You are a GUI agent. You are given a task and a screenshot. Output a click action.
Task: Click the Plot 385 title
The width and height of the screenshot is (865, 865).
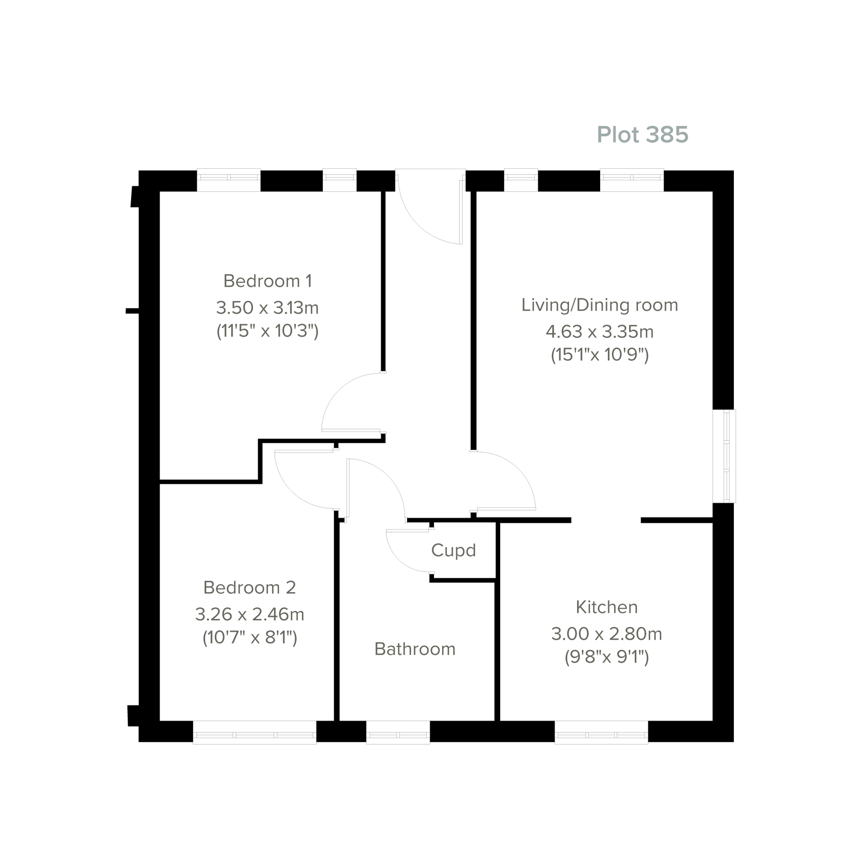[642, 135]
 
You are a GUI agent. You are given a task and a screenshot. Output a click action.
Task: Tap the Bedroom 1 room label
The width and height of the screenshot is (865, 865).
[268, 281]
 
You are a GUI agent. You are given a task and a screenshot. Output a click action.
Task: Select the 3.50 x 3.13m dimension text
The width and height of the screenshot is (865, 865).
[267, 308]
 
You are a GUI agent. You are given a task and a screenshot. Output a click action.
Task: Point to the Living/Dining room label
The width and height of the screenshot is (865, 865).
[599, 305]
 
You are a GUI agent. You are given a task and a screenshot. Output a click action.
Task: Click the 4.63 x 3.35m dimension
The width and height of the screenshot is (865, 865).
[599, 332]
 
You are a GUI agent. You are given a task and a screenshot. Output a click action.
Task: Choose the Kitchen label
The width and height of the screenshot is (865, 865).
[606, 607]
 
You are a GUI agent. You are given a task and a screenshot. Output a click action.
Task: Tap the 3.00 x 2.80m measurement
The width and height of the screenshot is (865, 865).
[606, 634]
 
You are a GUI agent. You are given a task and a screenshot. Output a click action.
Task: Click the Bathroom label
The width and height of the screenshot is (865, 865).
[415, 649]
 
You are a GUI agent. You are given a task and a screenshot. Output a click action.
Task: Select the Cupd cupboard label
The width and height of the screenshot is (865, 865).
[453, 550]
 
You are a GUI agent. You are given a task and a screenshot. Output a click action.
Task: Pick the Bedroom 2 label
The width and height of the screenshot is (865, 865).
[249, 588]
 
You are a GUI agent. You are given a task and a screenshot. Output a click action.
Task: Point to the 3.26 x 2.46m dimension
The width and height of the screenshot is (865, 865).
[249, 614]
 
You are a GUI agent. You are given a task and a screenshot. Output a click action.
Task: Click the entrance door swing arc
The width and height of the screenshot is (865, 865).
[423, 221]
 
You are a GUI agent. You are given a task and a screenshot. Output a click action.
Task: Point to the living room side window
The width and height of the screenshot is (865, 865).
[724, 456]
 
